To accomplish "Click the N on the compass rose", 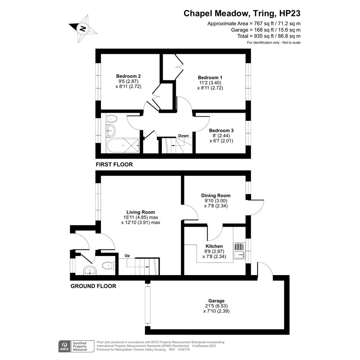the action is pyautogui.click(x=83, y=29).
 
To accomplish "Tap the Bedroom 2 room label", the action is pyautogui.click(x=128, y=76).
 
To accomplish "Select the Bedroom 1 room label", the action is pyautogui.click(x=210, y=78).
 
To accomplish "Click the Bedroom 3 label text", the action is pyautogui.click(x=221, y=130).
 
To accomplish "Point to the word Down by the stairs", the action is pyautogui.click(x=184, y=136).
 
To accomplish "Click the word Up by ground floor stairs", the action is pyautogui.click(x=127, y=256).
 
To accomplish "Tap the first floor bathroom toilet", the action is pyautogui.click(x=112, y=119).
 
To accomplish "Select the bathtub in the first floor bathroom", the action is pyautogui.click(x=123, y=145).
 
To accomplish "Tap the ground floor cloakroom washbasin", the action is pyautogui.click(x=90, y=270).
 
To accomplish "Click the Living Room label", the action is pyautogui.click(x=141, y=212).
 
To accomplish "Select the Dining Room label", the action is pyautogui.click(x=216, y=195).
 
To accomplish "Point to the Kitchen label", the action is pyautogui.click(x=214, y=246).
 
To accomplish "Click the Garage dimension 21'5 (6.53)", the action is pyautogui.click(x=216, y=306).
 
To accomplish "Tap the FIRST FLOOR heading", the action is pyautogui.click(x=114, y=165).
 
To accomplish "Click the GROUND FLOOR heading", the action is pyautogui.click(x=93, y=286).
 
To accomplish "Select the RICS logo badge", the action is pyautogui.click(x=65, y=346).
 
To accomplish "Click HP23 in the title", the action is pyautogui.click(x=290, y=13).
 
